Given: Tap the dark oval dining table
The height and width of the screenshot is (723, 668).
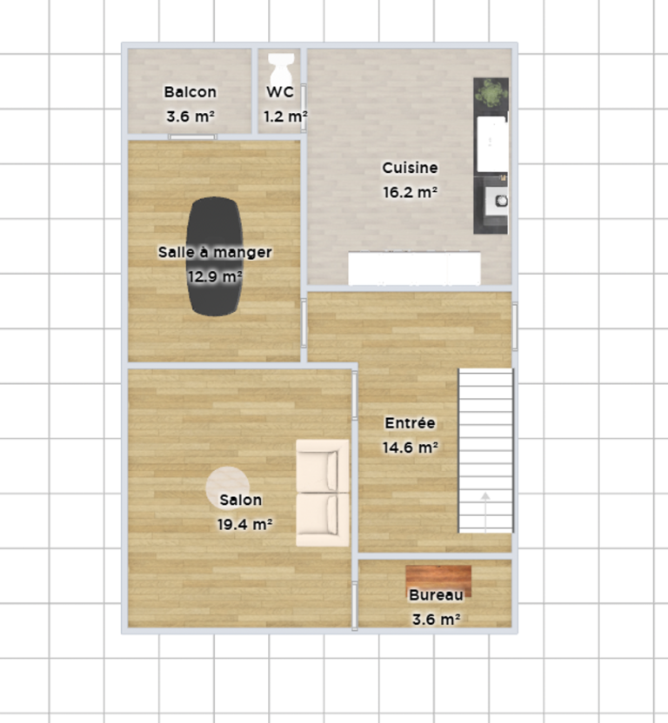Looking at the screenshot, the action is point(215,256).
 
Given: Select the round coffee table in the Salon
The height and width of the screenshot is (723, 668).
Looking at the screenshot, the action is point(228,488).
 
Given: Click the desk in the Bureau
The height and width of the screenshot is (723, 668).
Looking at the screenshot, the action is point(438,581).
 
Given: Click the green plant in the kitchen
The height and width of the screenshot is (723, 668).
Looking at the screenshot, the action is point(491,93).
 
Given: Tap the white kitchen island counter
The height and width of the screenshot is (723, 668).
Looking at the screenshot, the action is point(414,269).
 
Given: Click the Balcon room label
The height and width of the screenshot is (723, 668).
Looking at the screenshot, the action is point(190,92).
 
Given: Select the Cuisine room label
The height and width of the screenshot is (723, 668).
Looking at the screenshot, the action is point(410,168).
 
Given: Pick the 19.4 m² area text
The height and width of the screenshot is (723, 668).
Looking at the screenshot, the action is point(244,524).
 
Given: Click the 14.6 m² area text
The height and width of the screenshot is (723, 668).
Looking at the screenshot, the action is point(411,448).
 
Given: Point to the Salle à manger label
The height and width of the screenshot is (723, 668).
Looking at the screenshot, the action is point(215,252).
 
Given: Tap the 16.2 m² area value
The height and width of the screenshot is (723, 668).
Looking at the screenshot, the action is point(411,192).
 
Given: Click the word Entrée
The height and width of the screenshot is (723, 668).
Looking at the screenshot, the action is point(410,423).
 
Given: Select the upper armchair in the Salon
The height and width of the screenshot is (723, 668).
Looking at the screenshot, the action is point(323,466).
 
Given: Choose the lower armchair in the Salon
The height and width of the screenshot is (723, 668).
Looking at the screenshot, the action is point(323,520).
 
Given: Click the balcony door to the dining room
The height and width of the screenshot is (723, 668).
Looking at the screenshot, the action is point(192,137).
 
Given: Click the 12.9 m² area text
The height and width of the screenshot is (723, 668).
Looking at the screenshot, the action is point(215,276).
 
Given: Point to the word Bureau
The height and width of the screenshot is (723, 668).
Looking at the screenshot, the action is point(437,594).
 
